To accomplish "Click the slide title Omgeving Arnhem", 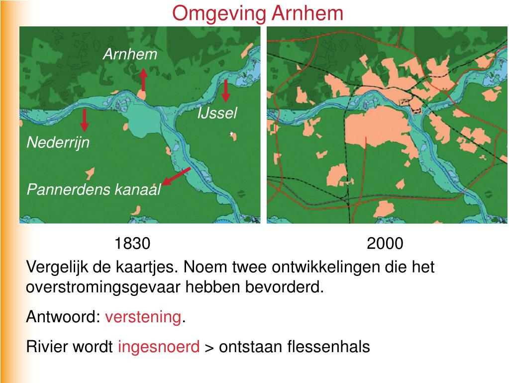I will pos(258,13).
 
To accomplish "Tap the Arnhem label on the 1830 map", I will pos(129,54).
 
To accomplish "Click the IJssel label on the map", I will pos(217,114).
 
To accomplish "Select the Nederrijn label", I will pos(58,143).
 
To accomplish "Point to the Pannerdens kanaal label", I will pos(94,190).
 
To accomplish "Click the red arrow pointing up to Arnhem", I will pos(143,80).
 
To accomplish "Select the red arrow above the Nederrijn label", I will pos(85,120).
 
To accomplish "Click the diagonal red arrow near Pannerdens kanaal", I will pos(176,176).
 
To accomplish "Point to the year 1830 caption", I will pos(132,244).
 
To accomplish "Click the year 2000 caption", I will pos(385,244).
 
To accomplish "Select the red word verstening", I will pos(143,317).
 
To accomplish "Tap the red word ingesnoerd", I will pos(159,347).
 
